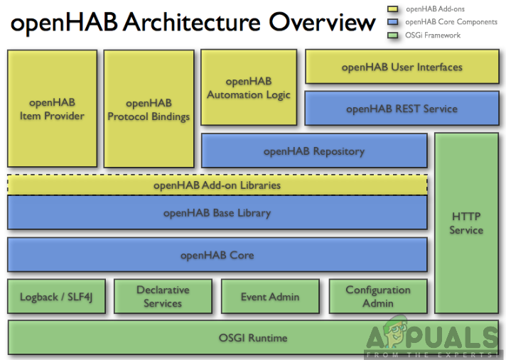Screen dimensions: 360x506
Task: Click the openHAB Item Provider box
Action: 51,109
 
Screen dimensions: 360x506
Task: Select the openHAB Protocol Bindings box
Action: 149,109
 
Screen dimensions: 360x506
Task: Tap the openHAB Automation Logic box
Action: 249,88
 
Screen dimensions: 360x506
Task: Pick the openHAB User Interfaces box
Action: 402,67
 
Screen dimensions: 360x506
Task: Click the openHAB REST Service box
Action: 402,109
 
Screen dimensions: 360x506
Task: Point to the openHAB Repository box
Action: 314,151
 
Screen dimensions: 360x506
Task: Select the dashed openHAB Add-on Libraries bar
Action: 217,185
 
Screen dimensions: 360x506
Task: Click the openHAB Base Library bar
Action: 217,212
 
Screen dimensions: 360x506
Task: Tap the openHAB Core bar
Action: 217,255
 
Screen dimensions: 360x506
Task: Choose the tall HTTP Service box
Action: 466,223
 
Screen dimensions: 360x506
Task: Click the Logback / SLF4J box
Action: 56,297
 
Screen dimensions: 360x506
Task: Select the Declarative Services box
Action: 163,297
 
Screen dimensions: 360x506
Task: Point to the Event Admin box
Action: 270,297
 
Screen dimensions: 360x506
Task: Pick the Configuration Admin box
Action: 378,297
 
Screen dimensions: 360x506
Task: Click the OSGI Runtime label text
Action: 252,338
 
